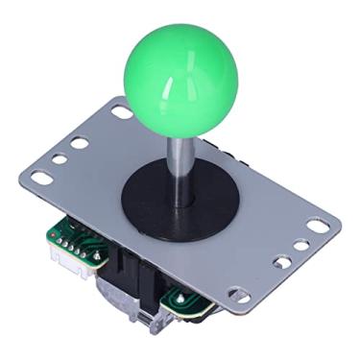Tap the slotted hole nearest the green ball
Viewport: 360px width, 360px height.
(122, 112)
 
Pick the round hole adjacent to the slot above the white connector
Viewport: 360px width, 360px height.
(59, 160)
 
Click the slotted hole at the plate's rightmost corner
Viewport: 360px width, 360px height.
(317, 228)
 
